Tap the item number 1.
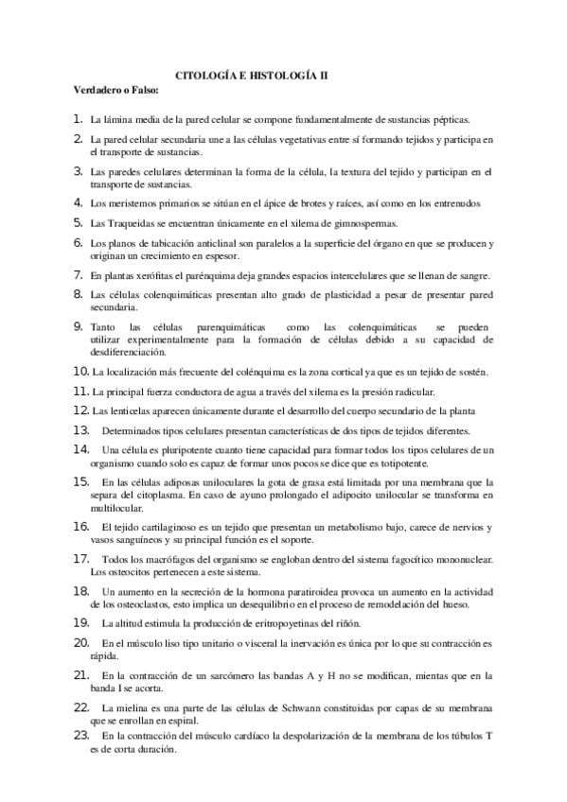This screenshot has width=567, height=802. click(79, 120)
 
